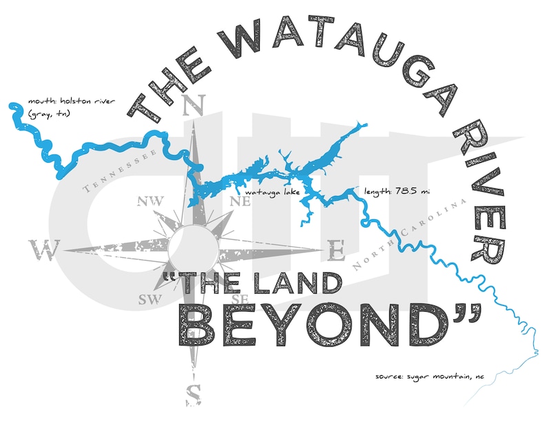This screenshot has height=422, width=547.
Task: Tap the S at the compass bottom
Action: coord(194,394)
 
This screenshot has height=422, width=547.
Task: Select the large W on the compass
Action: coord(45,250)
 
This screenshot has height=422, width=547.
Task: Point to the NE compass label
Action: coord(240,202)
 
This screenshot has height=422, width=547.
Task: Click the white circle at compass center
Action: coord(194,250)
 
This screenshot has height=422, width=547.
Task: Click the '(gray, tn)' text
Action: coord(48,114)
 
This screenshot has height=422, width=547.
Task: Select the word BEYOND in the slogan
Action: coord(324,324)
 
